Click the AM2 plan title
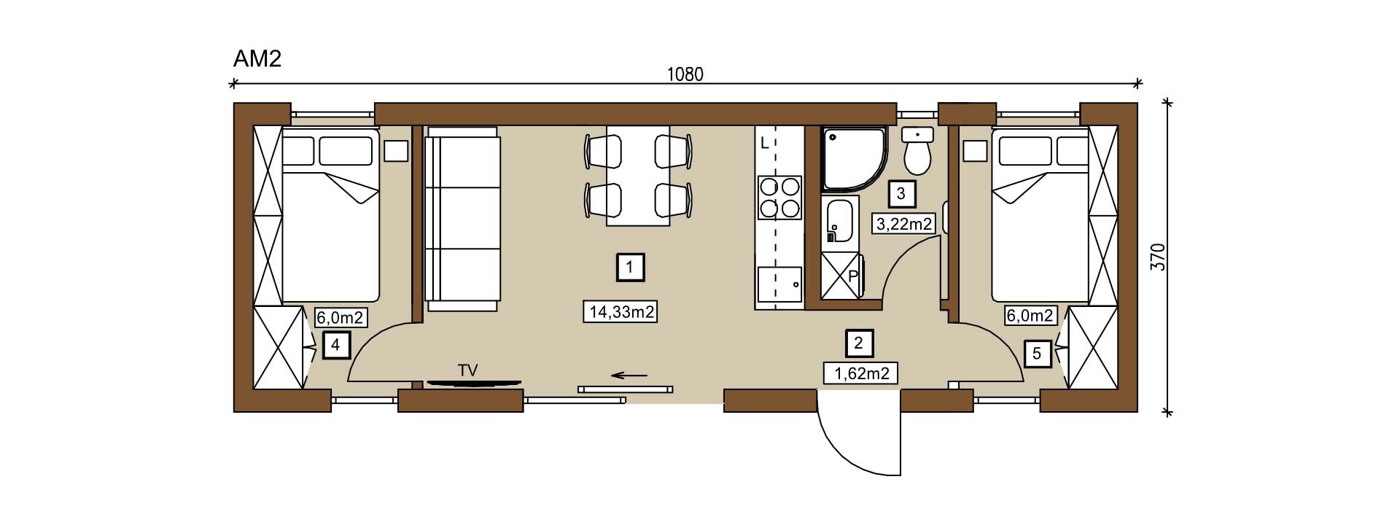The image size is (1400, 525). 257,59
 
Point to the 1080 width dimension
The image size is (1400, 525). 685,74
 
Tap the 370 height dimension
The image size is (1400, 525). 1158,257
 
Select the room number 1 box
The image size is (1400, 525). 630,268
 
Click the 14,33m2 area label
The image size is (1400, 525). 621,312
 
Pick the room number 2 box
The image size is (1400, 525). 859,343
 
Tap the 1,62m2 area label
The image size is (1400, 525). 860,373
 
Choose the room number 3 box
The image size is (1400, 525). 901,194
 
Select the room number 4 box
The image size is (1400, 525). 335,344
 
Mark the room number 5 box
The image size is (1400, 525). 1037,354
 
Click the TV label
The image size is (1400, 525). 467,370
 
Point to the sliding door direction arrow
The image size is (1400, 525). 629,376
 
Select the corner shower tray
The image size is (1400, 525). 853,159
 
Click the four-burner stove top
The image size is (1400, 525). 779,197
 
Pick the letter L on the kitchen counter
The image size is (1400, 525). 764,144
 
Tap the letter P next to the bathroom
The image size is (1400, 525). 852,276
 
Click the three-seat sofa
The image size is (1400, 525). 462,218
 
